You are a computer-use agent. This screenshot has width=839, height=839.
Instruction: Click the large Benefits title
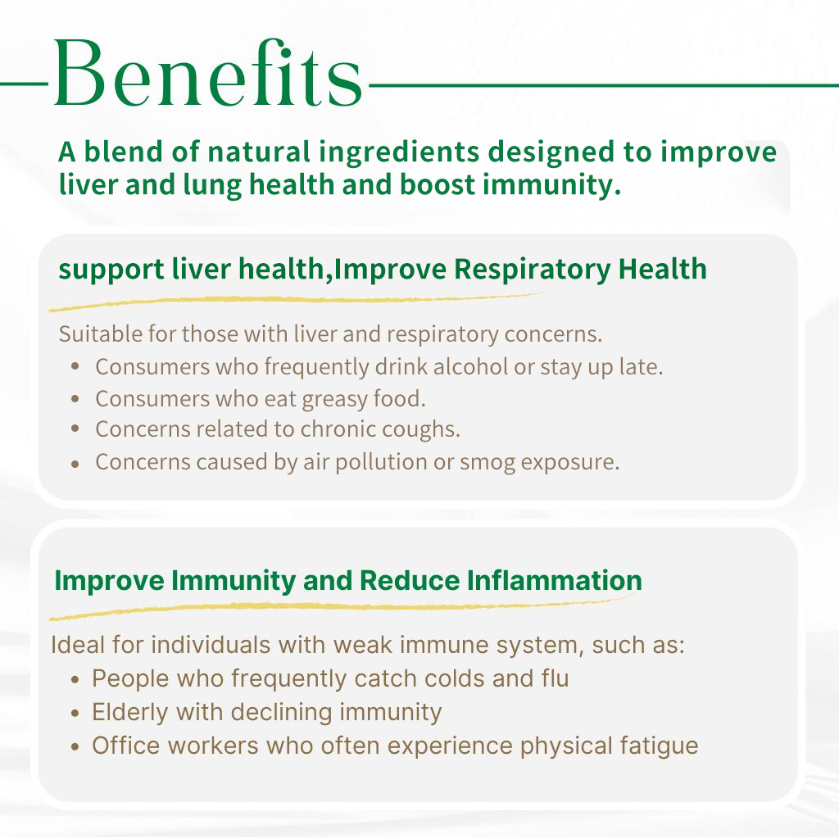208,73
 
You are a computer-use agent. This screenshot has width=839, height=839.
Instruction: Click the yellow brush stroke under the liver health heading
297,301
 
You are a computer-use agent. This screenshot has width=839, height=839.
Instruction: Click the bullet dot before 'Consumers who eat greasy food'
75,399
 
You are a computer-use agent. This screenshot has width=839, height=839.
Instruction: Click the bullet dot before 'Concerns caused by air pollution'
75,465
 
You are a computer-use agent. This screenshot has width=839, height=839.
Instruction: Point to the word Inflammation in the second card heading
555,580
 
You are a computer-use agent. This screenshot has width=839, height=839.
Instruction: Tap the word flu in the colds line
555,678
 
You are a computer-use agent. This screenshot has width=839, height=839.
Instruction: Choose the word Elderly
130,713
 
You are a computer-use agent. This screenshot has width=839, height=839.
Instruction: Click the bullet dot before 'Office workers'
75,747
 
